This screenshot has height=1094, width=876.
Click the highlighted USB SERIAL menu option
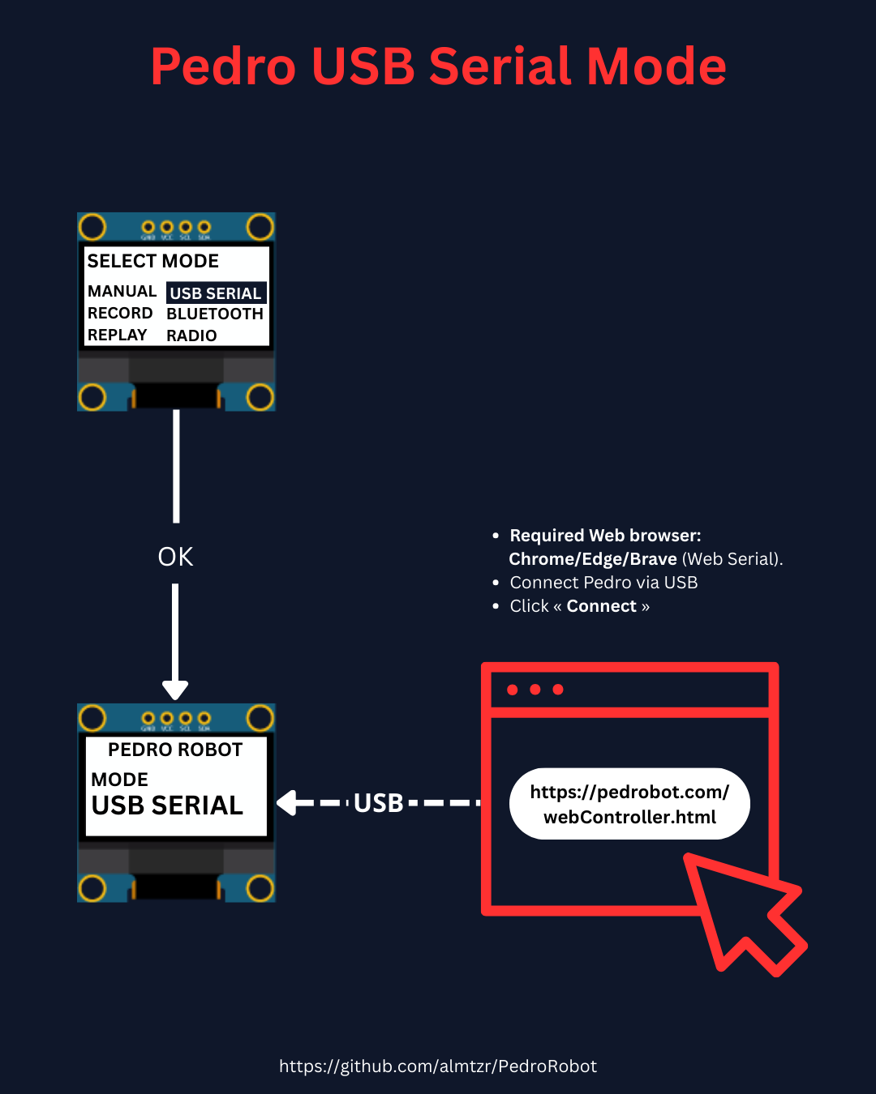[216, 293]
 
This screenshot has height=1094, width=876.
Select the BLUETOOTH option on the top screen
[215, 314]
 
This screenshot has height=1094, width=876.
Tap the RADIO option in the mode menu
[191, 335]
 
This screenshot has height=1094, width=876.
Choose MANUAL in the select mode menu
[122, 292]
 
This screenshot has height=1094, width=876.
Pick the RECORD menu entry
[120, 314]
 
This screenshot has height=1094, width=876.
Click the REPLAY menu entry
[118, 335]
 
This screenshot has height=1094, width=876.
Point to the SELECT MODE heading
[153, 261]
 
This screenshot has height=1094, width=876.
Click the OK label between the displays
[175, 557]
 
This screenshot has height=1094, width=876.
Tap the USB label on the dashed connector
[379, 803]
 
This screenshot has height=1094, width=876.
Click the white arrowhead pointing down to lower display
[175, 690]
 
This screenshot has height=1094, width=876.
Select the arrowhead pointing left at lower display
[286, 803]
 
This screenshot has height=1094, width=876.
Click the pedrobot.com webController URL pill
[629, 804]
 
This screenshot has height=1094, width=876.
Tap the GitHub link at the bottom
[438, 1066]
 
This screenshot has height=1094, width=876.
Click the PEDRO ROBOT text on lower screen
[175, 750]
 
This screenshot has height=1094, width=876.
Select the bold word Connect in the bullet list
[601, 606]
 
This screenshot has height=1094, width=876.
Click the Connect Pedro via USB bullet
[603, 583]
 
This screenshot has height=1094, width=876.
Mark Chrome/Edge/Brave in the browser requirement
[593, 559]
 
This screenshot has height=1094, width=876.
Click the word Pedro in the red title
[223, 66]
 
